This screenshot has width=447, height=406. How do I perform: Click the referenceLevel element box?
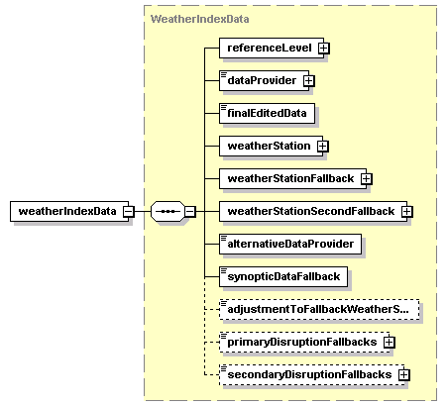point(272,48)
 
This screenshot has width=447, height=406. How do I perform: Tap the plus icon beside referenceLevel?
point(324,49)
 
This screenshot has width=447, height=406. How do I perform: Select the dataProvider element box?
point(264,80)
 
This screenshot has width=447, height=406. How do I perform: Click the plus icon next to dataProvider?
point(309,81)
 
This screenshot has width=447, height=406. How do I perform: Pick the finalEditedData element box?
point(267,113)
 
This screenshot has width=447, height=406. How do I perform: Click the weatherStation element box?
point(271,146)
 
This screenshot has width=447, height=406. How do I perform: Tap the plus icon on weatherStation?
point(323,147)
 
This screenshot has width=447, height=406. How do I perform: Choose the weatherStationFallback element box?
point(292,178)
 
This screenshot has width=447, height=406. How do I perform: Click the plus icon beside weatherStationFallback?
point(366,179)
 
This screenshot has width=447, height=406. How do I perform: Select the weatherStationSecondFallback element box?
point(313,211)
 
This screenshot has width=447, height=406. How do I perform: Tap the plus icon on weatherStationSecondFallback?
point(407,212)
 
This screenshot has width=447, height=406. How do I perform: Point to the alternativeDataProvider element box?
point(290,244)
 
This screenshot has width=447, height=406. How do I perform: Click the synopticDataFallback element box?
point(283,276)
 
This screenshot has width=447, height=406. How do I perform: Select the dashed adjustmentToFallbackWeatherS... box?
point(319,309)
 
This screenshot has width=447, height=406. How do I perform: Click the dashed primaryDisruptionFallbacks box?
point(304,342)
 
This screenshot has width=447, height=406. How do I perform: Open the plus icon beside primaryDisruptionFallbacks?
point(390,343)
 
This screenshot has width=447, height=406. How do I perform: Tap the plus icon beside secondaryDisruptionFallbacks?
point(404,375)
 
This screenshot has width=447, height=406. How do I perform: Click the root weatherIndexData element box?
point(69,211)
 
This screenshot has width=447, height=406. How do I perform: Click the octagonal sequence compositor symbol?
point(168,211)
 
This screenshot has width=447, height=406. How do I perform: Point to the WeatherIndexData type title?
point(199,19)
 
